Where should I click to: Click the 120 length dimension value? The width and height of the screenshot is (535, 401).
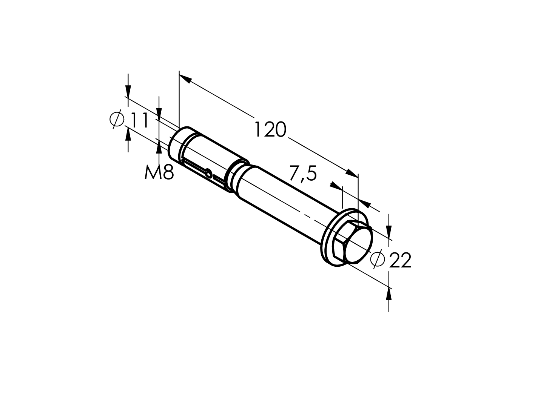coord(270,129)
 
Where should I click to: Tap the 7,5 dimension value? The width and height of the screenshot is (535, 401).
coord(303,174)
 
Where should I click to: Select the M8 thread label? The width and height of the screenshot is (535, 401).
coord(159,172)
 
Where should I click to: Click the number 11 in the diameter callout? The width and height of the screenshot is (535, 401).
coord(139,120)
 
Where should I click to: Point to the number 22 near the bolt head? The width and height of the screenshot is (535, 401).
coord(400,260)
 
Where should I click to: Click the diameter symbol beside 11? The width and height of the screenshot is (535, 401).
coord(117,120)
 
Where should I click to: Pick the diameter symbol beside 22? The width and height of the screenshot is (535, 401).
coord(378,259)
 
